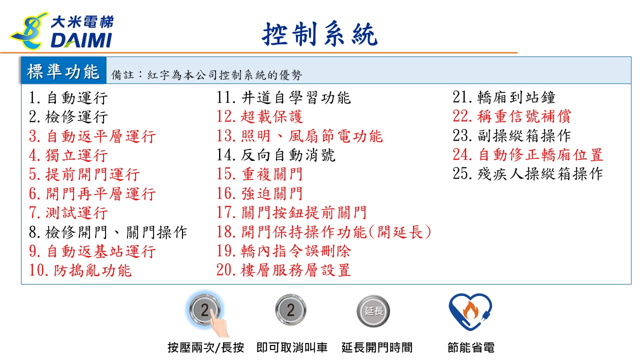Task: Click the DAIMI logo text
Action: (x=81, y=40)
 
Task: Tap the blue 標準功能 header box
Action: (x=63, y=70)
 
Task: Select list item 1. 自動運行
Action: (x=68, y=97)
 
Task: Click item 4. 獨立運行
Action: (x=68, y=155)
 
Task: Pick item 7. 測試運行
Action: (x=68, y=213)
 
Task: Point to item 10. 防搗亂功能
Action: (x=80, y=270)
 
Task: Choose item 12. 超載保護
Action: (x=259, y=116)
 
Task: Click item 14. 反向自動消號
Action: (x=275, y=155)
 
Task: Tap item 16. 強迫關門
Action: (x=259, y=193)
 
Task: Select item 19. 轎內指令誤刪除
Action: (x=283, y=251)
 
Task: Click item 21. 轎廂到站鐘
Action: (x=504, y=97)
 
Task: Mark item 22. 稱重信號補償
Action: (x=512, y=116)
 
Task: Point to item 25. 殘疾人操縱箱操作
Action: (x=528, y=173)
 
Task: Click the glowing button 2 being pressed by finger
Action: (x=204, y=309)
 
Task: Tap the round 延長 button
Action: (x=373, y=311)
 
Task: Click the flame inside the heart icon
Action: (x=470, y=310)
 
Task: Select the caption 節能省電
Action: (x=471, y=347)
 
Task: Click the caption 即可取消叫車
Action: (x=291, y=347)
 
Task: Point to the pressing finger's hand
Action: (x=219, y=324)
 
